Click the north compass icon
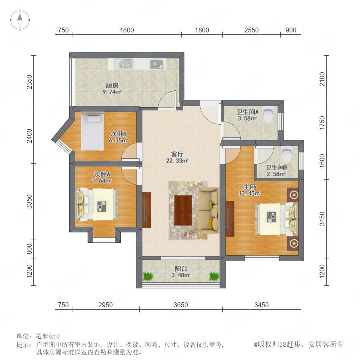point(20,20)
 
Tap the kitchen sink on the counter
point(126,64)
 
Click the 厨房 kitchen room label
point(112,86)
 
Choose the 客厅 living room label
point(177,154)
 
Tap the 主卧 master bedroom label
point(250,187)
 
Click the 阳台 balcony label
point(181,268)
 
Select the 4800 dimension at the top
point(127,30)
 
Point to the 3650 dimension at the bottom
point(181,305)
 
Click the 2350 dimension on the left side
point(29,82)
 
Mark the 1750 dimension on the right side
point(322,123)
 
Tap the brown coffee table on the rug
point(183,210)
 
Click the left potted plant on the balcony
point(148,276)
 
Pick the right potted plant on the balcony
point(214,276)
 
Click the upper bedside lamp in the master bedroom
point(293,195)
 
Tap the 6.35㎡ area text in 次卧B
point(118,140)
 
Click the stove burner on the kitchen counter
point(157,64)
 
